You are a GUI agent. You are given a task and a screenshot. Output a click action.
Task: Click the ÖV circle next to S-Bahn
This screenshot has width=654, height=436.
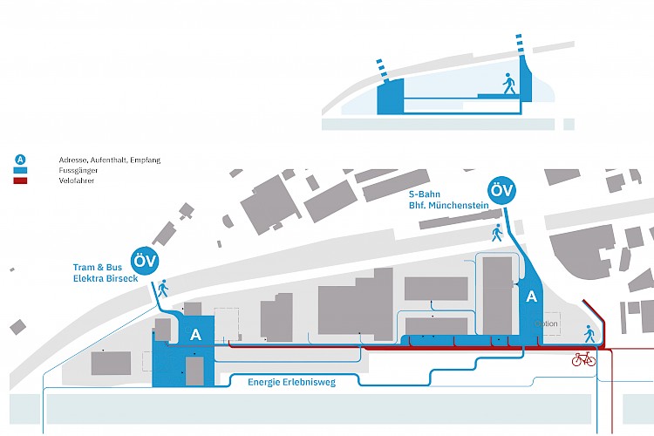pyautogui.click(x=501, y=191)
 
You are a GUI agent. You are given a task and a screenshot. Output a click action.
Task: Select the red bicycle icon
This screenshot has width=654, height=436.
pyautogui.click(x=582, y=359)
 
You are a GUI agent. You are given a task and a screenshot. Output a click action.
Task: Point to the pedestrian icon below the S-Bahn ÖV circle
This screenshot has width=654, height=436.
pyautogui.click(x=497, y=233)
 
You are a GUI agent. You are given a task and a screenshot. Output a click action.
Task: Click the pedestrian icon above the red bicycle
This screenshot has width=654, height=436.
pyautogui.click(x=589, y=332)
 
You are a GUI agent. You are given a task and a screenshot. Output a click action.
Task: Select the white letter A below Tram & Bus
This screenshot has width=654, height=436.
pyautogui.click(x=196, y=334)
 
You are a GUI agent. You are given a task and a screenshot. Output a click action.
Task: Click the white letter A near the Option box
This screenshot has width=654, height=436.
pyautogui.click(x=531, y=297)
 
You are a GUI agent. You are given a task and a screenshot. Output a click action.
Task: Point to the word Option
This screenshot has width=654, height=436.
pyautogui.click(x=548, y=324)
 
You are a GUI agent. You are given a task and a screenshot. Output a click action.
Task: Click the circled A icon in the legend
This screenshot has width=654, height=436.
pyautogui.click(x=19, y=160)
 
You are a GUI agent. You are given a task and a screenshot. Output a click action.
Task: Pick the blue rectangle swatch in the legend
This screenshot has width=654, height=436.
pyautogui.click(x=20, y=170)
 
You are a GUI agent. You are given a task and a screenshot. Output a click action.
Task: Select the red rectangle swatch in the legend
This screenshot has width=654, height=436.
pyautogui.click(x=20, y=181)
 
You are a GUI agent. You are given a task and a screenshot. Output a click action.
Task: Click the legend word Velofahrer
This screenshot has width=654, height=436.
pyautogui.click(x=76, y=181)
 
